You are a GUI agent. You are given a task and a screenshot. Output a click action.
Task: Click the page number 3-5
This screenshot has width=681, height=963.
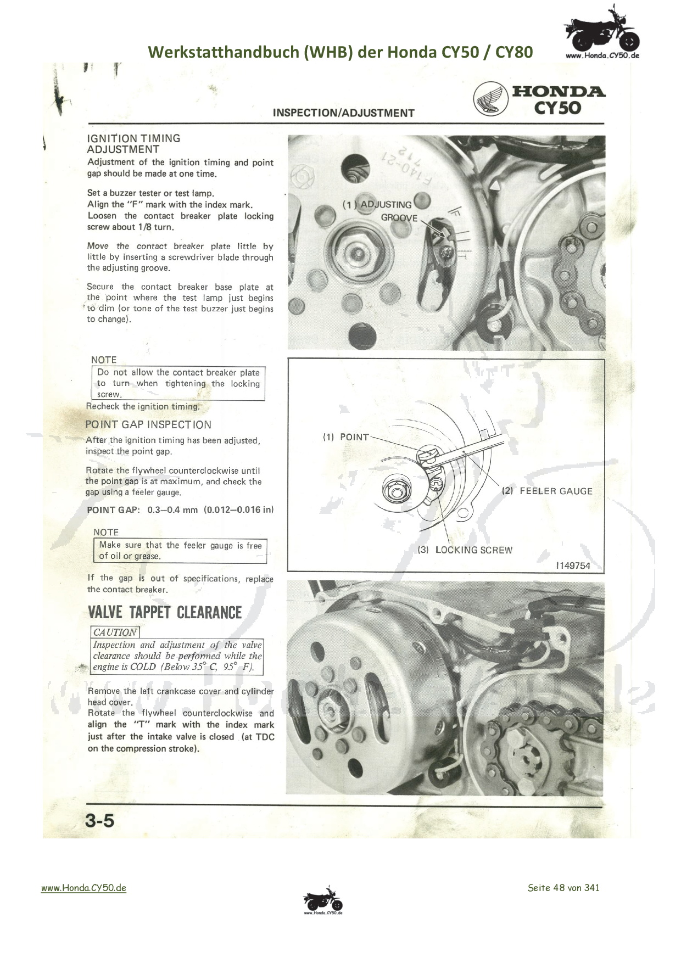99,821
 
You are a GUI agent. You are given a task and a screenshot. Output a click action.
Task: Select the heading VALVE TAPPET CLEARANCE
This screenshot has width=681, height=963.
165,613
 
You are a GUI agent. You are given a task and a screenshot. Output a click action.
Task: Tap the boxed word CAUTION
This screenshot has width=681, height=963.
115,632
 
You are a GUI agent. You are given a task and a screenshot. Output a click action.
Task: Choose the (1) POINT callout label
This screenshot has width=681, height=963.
346,437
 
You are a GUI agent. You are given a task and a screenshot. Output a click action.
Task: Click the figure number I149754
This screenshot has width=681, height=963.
573,566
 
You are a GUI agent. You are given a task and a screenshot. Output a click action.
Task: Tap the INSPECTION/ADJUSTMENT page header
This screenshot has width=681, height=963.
344,113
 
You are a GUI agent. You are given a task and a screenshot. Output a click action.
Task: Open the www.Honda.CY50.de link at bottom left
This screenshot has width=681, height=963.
83,888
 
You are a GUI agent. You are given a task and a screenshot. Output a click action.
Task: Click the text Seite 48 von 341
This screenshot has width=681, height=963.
563,888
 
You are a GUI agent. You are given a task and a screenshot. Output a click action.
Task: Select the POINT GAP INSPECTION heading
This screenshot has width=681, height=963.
148,424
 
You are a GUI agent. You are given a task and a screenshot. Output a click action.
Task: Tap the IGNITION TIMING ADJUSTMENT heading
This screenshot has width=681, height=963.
133,144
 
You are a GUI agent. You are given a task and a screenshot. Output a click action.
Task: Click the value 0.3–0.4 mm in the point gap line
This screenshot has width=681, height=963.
172,510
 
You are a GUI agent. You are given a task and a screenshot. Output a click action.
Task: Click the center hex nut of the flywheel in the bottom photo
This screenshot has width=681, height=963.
331,712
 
